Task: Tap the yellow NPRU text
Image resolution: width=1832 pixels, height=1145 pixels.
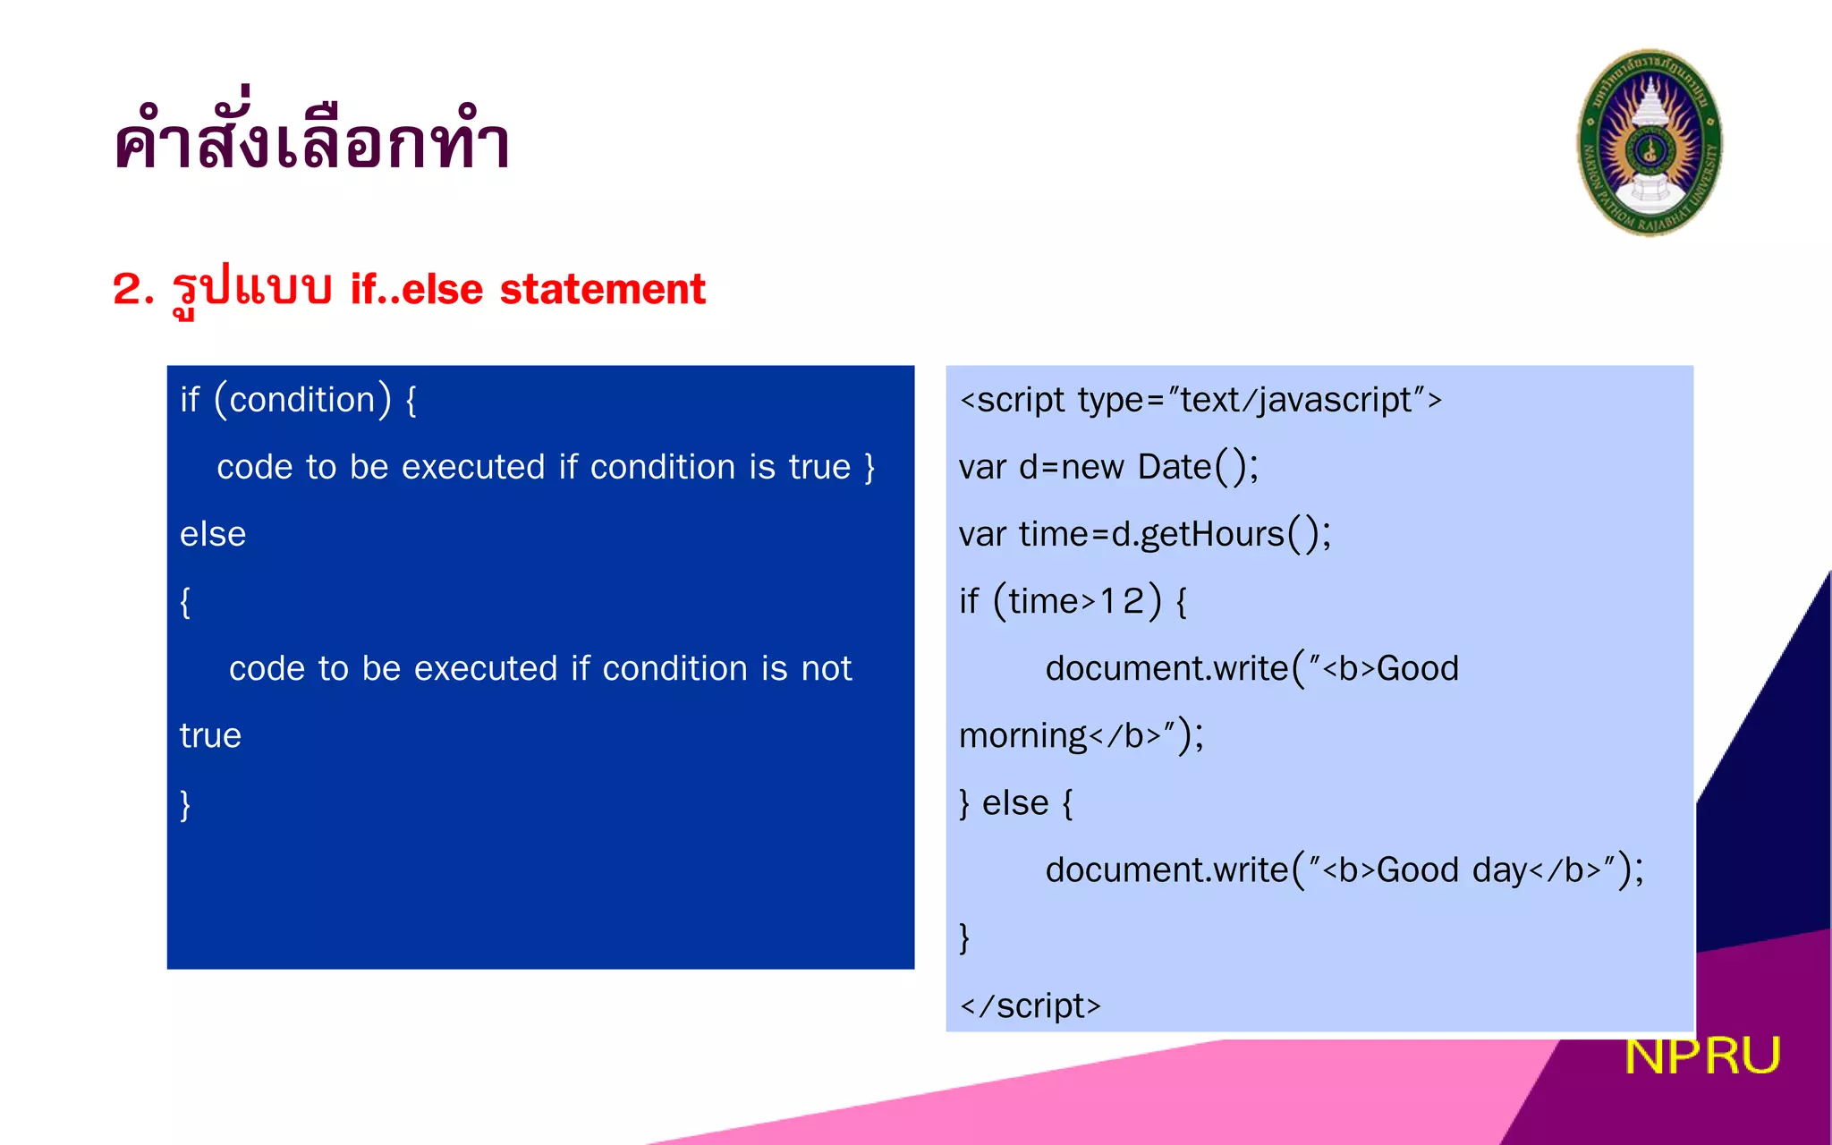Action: click(x=1701, y=1056)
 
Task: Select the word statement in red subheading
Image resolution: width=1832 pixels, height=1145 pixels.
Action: click(x=602, y=289)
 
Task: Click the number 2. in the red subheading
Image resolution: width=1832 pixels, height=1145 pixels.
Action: click(x=134, y=289)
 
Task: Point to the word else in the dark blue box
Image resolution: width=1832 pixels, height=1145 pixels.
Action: click(x=212, y=534)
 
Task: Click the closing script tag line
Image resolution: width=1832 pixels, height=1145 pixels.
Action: click(x=1030, y=1005)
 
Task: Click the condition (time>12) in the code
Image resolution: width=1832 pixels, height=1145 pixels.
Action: click(x=1077, y=601)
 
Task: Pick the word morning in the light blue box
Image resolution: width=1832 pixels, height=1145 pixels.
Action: click(x=1022, y=736)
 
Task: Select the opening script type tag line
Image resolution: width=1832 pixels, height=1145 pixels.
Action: click(x=1200, y=400)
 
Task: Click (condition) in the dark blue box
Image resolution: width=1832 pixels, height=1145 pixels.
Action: click(x=302, y=400)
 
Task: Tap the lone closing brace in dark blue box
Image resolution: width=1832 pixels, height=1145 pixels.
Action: click(x=185, y=803)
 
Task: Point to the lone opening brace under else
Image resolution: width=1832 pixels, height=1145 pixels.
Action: click(x=185, y=602)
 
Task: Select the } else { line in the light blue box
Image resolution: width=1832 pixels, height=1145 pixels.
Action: click(x=1015, y=803)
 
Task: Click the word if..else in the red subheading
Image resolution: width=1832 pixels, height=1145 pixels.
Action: click(x=417, y=289)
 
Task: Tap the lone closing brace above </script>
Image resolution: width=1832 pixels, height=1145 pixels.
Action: click(x=964, y=937)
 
